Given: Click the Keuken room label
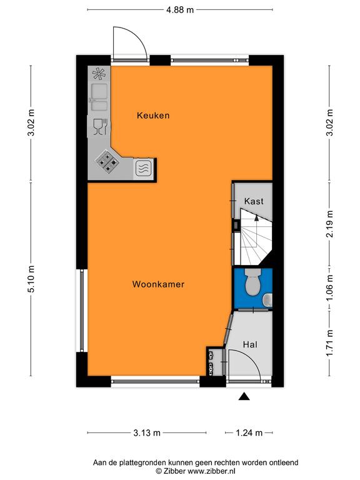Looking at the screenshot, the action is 153,116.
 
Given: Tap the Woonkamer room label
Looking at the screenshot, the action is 158,284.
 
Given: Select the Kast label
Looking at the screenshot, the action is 254,201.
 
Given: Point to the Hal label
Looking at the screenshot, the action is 250,344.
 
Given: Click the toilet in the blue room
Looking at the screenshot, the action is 253,282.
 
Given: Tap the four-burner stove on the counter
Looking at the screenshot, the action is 107,161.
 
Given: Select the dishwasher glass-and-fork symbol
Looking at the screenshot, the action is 100,126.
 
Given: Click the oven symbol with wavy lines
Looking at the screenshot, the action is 143,168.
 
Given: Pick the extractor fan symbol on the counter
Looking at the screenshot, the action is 99,74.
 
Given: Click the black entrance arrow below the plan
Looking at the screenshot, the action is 244,396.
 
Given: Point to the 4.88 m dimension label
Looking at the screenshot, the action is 180,10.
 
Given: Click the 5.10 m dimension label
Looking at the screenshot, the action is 31,279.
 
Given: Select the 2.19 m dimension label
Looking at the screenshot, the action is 329,224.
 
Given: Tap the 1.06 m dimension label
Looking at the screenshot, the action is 329,287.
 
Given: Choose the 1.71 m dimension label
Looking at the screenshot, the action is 329,343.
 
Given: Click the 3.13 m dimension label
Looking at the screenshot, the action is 147,433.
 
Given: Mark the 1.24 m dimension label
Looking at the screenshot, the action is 249,433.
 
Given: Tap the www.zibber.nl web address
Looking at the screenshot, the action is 211,471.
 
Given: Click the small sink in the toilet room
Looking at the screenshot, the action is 268,300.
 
